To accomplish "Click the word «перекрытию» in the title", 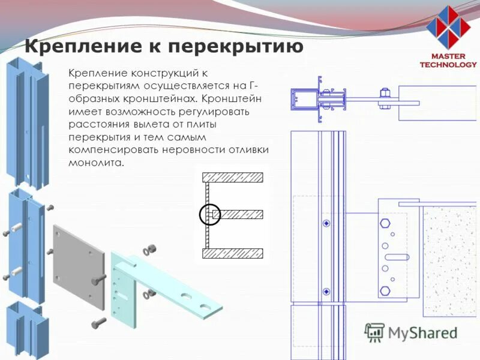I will pyautogui.click(x=235, y=46).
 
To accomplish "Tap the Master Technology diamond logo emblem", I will pyautogui.click(x=448, y=26).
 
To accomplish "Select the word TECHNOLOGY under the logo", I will pyautogui.click(x=448, y=64).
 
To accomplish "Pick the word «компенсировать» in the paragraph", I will pyautogui.click(x=107, y=150).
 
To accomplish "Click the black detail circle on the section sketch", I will pyautogui.click(x=209, y=214).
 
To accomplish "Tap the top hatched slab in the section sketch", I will pyautogui.click(x=233, y=177).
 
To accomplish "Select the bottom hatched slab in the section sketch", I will pyautogui.click(x=233, y=254).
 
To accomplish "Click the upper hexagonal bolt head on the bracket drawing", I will pyautogui.click(x=385, y=224).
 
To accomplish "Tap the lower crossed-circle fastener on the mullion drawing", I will pyautogui.click(x=326, y=292).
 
